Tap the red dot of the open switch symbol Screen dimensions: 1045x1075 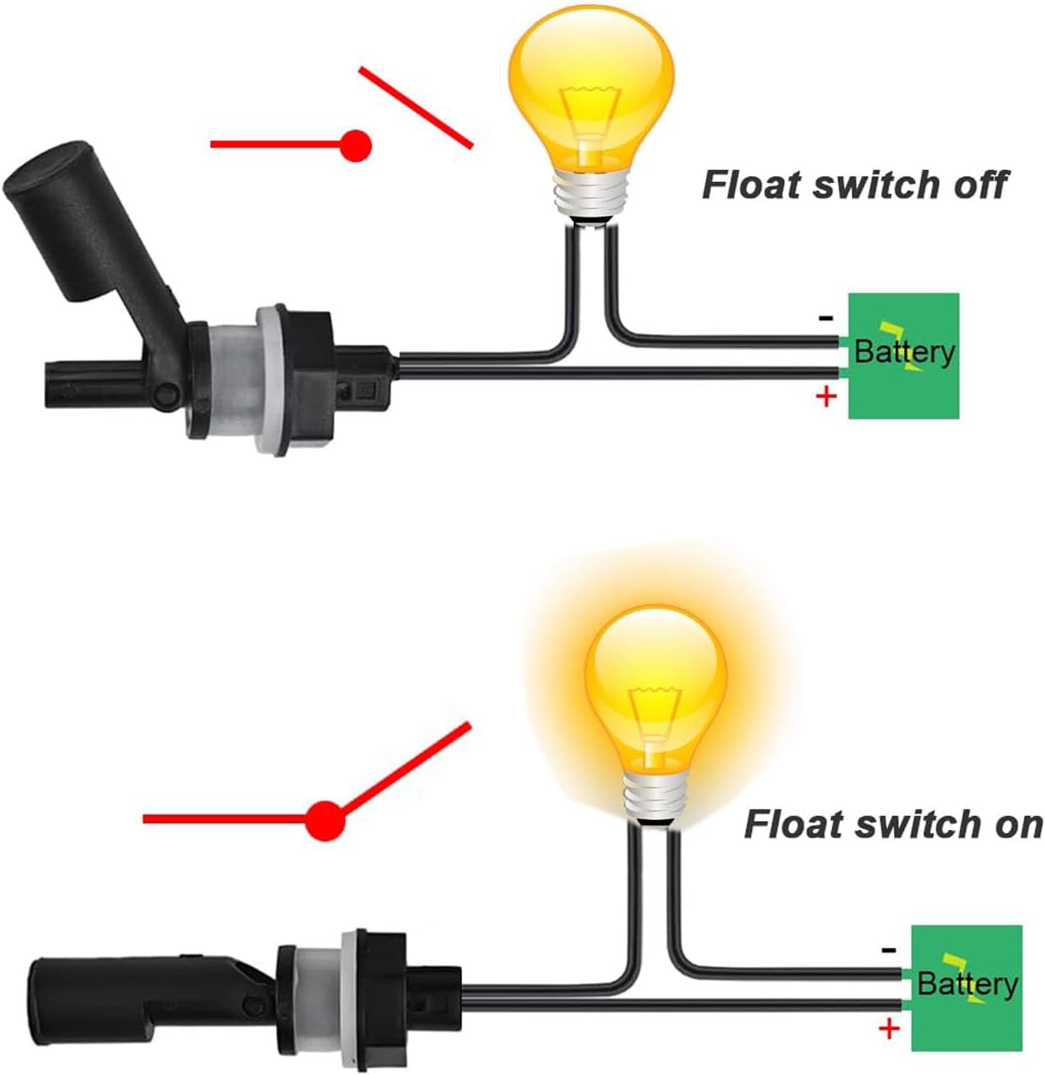[x=356, y=146]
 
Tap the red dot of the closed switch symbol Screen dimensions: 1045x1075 [x=324, y=819]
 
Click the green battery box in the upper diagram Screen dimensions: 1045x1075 [x=903, y=356]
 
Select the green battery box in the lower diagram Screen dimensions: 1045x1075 [x=967, y=987]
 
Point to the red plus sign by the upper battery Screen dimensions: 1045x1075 [x=826, y=397]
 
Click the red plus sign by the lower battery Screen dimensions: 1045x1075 [x=889, y=1028]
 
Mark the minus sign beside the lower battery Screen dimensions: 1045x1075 [x=889, y=950]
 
